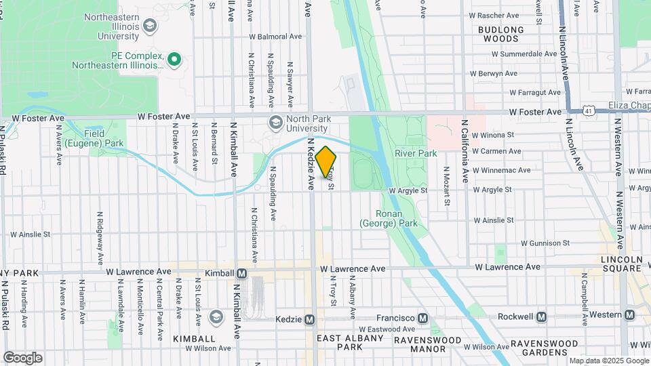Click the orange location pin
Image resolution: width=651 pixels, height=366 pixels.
click(325, 161)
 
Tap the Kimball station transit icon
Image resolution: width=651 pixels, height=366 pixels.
click(241, 273)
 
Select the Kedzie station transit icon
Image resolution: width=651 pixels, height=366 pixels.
click(310, 319)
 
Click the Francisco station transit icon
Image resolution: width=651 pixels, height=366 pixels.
click(422, 318)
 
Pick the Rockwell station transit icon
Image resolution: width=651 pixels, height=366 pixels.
click(541, 317)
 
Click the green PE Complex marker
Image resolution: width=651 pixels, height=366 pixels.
click(174, 60)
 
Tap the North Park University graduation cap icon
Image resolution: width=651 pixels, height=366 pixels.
click(275, 123)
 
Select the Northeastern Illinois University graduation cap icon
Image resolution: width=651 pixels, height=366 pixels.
click(150, 26)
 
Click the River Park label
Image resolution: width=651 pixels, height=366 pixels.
click(420, 154)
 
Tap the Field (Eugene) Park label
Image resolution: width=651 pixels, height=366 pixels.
click(104, 139)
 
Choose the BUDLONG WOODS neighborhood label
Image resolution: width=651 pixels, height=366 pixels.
click(501, 34)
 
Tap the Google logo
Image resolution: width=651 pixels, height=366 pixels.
click(22, 358)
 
